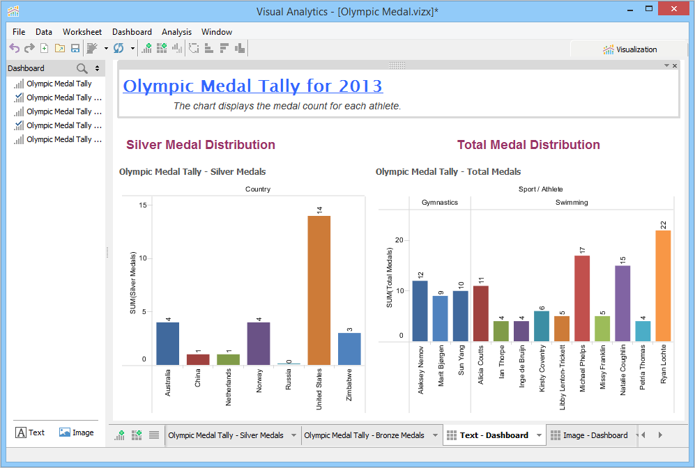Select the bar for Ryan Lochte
(663, 286)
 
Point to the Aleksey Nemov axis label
(420, 369)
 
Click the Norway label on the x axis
(259, 380)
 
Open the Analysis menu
(176, 32)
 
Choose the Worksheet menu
(82, 32)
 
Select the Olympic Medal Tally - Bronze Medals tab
(364, 435)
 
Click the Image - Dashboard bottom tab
(595, 435)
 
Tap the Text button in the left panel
(30, 432)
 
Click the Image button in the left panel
(76, 432)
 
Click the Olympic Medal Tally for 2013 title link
(252, 86)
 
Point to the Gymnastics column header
(440, 203)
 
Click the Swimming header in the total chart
(572, 203)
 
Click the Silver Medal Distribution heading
(201, 145)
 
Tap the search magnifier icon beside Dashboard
(82, 68)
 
